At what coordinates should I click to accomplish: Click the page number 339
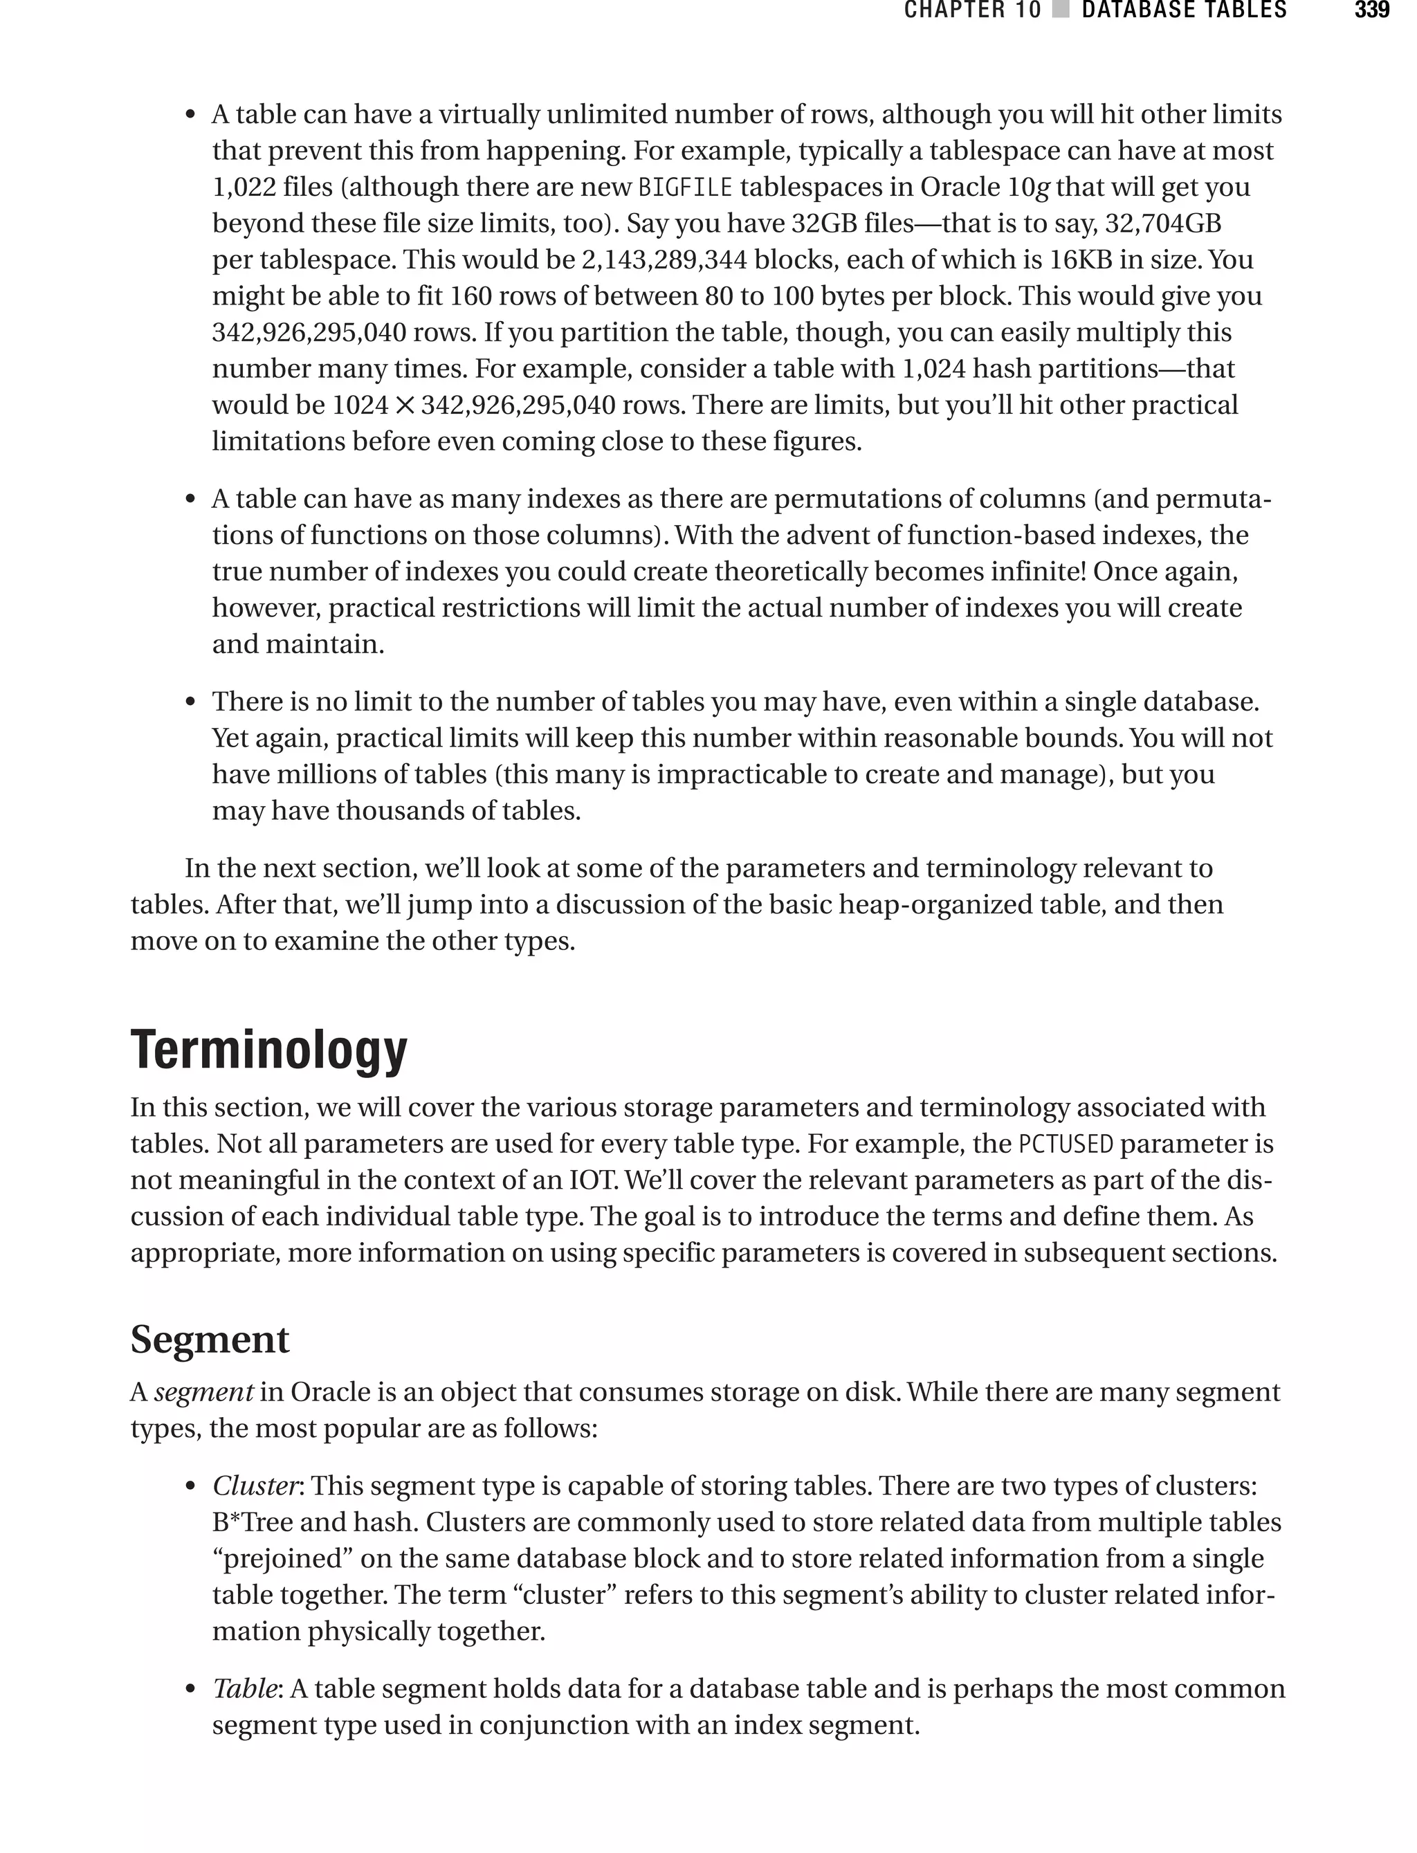tap(1371, 11)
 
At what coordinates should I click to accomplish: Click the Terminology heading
tap(268, 1051)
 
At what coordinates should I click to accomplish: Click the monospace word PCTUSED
tap(1066, 1144)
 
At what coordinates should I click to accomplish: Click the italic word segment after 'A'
tap(203, 1392)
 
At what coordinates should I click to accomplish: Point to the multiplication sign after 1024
tap(405, 405)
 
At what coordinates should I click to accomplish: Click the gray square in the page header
tap(1061, 11)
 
